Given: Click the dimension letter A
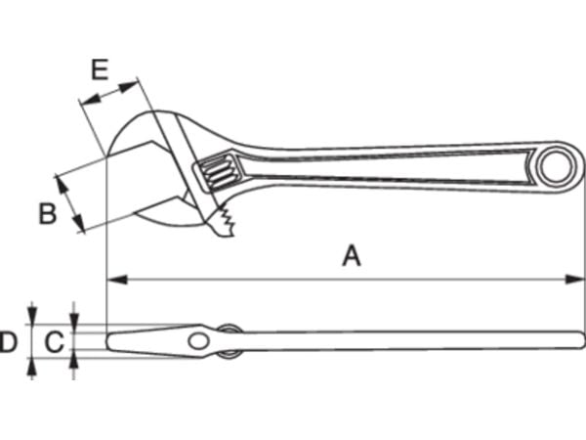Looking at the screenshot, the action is click(352, 255).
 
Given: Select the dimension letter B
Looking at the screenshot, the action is click(48, 213).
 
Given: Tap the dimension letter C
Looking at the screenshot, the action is click(55, 341).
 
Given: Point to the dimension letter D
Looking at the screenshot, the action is click(8, 341).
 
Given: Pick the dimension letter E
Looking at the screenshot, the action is click(101, 69).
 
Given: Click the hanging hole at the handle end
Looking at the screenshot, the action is click(556, 167).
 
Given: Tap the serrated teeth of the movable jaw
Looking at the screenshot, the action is click(227, 223).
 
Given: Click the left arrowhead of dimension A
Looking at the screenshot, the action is click(117, 279).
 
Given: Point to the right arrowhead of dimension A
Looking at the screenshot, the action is click(574, 279).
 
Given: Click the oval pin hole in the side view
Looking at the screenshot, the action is click(199, 341).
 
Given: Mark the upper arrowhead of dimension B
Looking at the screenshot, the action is click(61, 185).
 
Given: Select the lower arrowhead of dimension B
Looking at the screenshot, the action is click(77, 222).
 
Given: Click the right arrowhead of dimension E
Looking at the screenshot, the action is click(129, 87).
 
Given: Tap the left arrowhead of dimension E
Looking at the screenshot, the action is click(90, 98).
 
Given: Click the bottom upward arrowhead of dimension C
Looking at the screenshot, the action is click(74, 360).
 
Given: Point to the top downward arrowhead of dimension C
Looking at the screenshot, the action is click(74, 322).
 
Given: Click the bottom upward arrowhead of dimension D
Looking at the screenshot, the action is click(32, 367).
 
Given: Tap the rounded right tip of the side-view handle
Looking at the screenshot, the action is click(582, 340).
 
